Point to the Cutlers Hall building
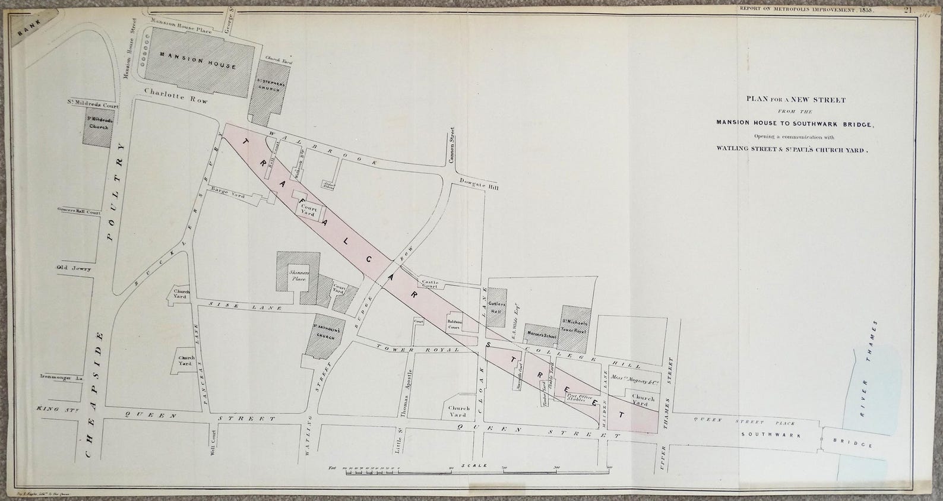496,306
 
